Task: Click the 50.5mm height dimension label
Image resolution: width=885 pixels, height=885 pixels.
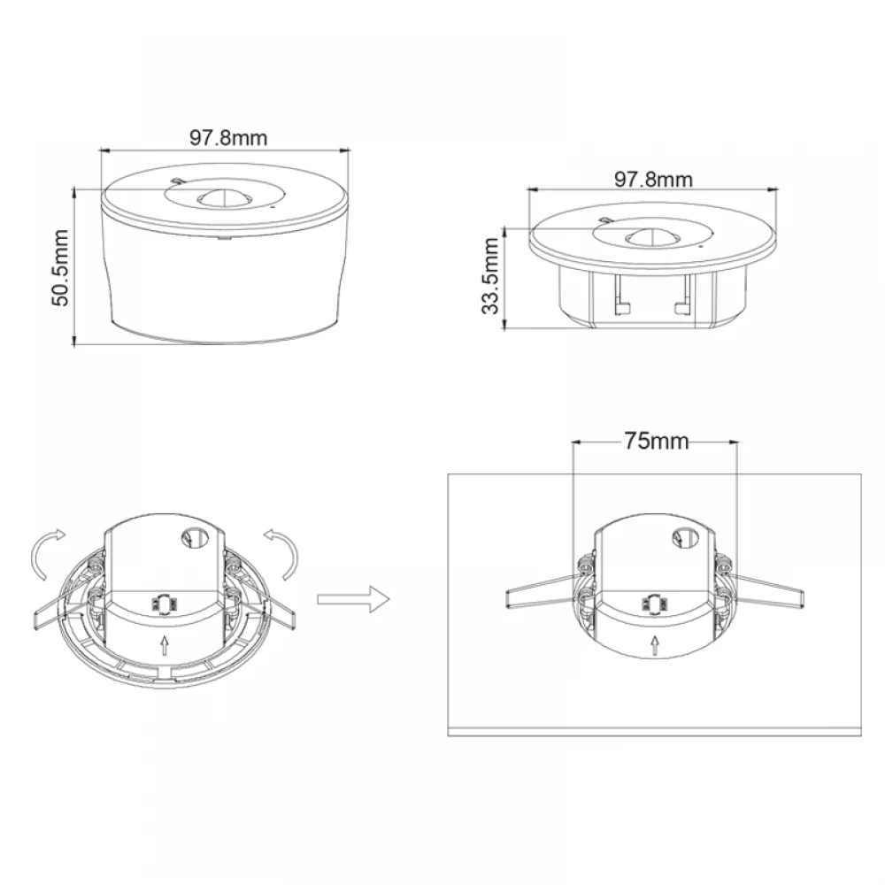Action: click(x=60, y=268)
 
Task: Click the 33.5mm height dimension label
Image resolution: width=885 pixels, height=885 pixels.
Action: click(x=490, y=276)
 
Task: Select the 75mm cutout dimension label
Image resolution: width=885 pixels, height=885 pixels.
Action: click(x=657, y=441)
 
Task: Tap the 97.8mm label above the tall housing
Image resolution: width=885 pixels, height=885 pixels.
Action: click(x=228, y=138)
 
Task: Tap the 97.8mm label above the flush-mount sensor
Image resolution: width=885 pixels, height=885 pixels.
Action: click(x=653, y=180)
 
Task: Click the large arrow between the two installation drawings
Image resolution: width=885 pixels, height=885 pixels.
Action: click(x=353, y=599)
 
